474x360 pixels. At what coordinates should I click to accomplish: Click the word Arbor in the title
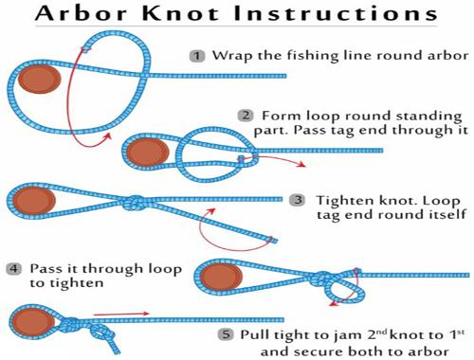point(82,13)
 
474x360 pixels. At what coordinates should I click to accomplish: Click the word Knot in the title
point(180,13)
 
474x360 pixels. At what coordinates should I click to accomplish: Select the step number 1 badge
point(197,56)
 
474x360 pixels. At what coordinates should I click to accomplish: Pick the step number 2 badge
point(246,116)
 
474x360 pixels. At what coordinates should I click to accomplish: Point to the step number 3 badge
point(298,200)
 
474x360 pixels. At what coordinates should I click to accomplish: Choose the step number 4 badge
point(14,269)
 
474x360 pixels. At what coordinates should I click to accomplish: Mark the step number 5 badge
point(226,334)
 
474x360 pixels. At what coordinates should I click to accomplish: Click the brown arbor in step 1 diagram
point(39,80)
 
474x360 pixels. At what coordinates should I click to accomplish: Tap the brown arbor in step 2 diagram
point(148,153)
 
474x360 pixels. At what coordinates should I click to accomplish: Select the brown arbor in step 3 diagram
point(34,200)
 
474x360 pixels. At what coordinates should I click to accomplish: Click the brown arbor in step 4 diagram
point(221,278)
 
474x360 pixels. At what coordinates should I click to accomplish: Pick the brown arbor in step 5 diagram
point(33,322)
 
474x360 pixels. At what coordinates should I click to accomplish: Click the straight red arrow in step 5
point(121,314)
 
